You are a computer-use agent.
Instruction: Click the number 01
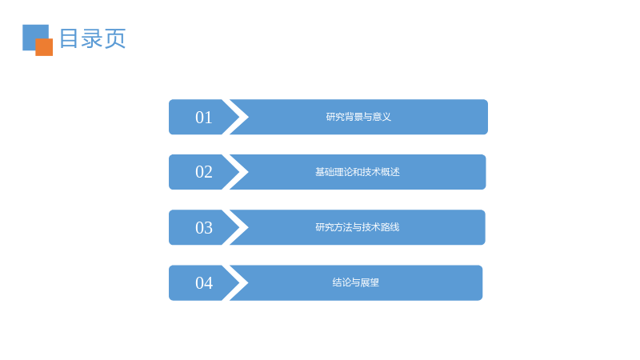(204, 118)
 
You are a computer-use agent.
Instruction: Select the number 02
(204, 172)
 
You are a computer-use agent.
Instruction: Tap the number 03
(204, 228)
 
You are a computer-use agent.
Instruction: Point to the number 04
(204, 283)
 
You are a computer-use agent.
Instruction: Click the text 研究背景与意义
(358, 117)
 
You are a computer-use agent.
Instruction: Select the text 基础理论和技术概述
(357, 172)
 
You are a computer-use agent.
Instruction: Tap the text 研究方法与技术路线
(357, 227)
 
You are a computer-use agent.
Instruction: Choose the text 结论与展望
(355, 282)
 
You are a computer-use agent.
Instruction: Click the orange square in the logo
(44, 47)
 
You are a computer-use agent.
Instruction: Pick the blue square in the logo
(33, 34)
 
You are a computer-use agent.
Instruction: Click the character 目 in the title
(69, 38)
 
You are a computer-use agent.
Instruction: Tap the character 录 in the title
(92, 38)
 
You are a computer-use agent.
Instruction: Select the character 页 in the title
(115, 38)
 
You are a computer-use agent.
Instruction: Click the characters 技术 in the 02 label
(371, 172)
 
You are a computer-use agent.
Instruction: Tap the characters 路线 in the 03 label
(390, 227)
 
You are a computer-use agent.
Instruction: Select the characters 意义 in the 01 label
(382, 117)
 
